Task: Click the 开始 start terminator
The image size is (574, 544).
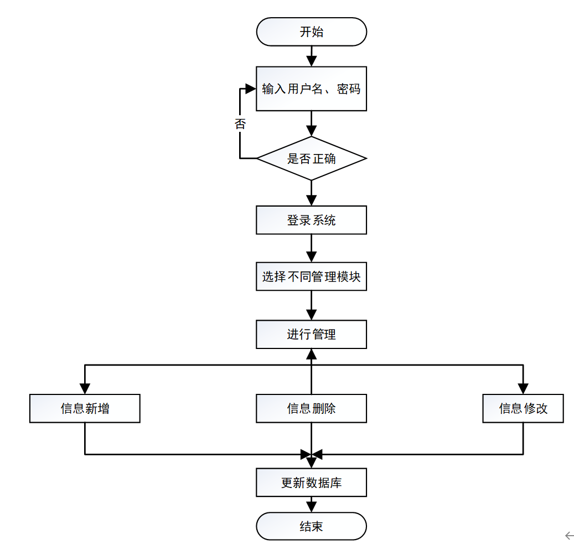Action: click(311, 32)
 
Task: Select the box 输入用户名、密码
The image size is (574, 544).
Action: click(311, 89)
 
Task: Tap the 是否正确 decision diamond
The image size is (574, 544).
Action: click(311, 158)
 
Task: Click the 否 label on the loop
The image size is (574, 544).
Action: click(240, 124)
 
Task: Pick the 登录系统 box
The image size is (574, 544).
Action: click(311, 220)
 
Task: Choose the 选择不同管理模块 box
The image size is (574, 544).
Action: click(311, 276)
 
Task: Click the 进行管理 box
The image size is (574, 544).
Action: click(311, 334)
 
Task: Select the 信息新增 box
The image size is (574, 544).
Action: click(85, 408)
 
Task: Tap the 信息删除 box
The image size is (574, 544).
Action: click(311, 408)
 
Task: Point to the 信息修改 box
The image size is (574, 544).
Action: click(523, 408)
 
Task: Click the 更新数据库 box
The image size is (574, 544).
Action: click(311, 483)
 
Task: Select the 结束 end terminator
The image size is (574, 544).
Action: click(311, 526)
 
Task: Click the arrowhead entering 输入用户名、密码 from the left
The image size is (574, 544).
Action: click(250, 89)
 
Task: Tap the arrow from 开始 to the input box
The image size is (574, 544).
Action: click(311, 56)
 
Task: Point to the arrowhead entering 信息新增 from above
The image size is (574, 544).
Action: click(85, 388)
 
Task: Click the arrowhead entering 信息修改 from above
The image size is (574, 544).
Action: click(523, 388)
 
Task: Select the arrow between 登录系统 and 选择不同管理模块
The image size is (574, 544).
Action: click(311, 248)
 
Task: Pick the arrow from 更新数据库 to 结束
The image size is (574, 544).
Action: click(311, 504)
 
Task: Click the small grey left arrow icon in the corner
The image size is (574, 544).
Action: click(569, 535)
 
